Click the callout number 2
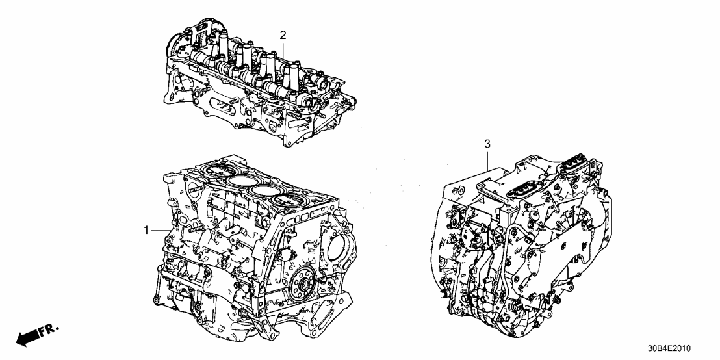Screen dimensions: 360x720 (283, 34)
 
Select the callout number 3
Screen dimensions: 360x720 (487, 143)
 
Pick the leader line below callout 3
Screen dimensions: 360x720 (487, 160)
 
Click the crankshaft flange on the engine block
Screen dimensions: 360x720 (302, 286)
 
